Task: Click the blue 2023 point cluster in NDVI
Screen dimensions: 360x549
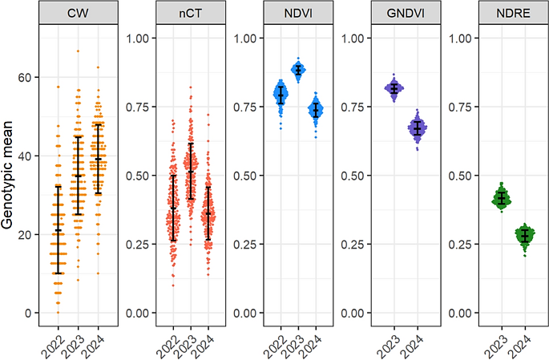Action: coord(298,71)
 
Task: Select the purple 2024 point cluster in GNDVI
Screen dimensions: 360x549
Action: coord(417,128)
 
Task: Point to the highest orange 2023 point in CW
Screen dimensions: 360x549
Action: coord(78,51)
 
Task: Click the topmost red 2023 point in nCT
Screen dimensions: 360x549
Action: coord(190,87)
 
